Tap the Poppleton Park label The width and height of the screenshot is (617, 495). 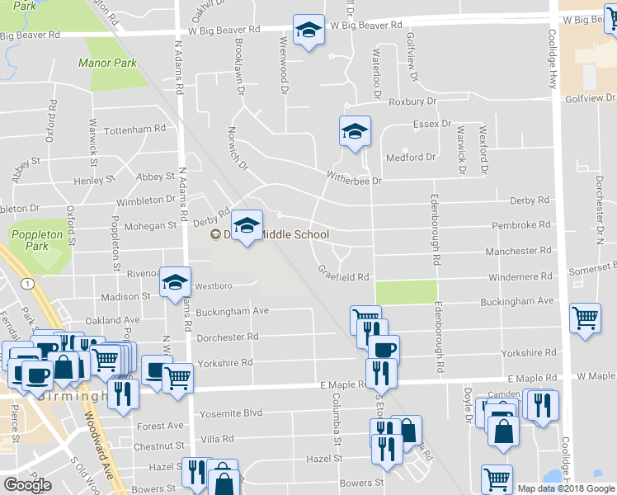pos(37,240)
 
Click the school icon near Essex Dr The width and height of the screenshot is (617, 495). pos(355,132)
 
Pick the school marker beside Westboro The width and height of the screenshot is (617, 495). pos(175,283)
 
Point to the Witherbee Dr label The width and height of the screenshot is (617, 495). pos(355,180)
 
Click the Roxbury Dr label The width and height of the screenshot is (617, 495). pos(412,101)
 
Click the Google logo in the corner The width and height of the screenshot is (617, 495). pos(27,485)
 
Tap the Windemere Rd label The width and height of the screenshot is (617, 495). pos(520,277)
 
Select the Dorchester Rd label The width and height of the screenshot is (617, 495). pos(228,337)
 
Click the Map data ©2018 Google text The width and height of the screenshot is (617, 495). pos(566,488)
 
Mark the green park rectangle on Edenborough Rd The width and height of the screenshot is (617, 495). pos(406,293)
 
